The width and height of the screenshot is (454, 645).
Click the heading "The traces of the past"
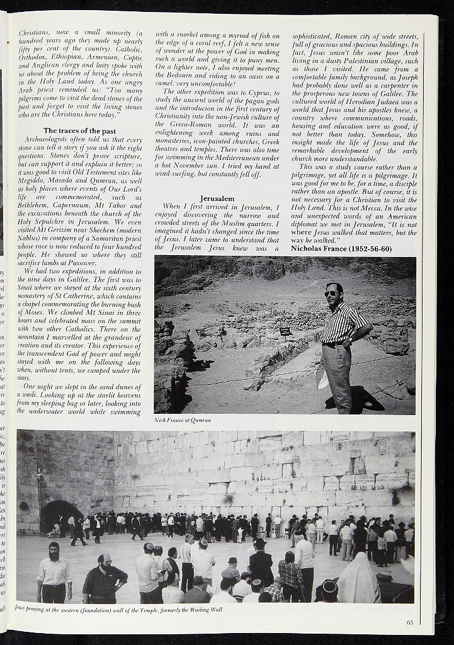click(79, 130)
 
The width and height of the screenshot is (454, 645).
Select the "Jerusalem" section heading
click(217, 198)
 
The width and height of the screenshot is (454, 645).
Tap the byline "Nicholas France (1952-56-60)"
click(341, 249)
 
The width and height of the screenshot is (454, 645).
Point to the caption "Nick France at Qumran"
click(183, 420)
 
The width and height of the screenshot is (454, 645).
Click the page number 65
click(410, 623)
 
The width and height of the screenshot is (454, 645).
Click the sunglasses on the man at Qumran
click(331, 294)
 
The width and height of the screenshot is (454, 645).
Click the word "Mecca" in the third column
click(372, 208)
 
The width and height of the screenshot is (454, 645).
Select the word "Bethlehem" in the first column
click(37, 205)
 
